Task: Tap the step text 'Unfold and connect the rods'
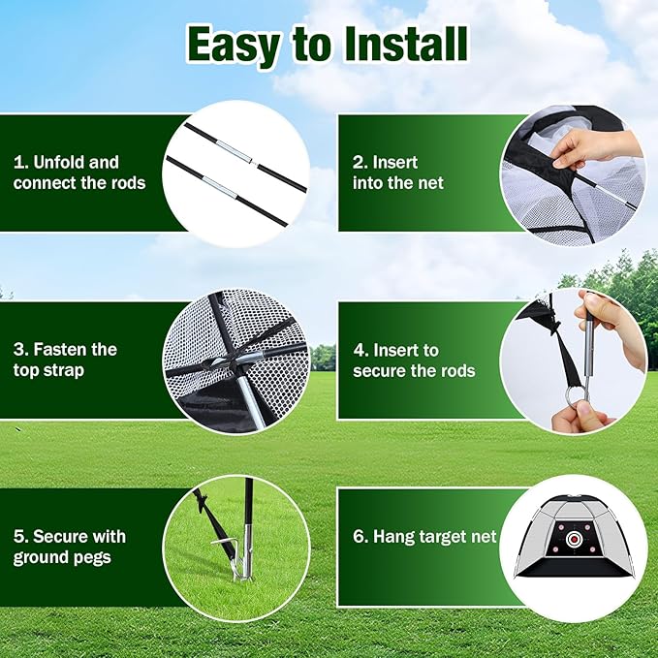(x=79, y=172)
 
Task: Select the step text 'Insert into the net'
(x=397, y=172)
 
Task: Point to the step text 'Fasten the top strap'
(x=65, y=359)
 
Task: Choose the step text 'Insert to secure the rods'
(x=414, y=360)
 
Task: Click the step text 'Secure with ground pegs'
(x=70, y=547)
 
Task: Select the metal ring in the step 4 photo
(x=578, y=393)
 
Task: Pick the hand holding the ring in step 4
(x=579, y=418)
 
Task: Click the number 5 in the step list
(x=18, y=536)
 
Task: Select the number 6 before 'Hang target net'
(x=358, y=536)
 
